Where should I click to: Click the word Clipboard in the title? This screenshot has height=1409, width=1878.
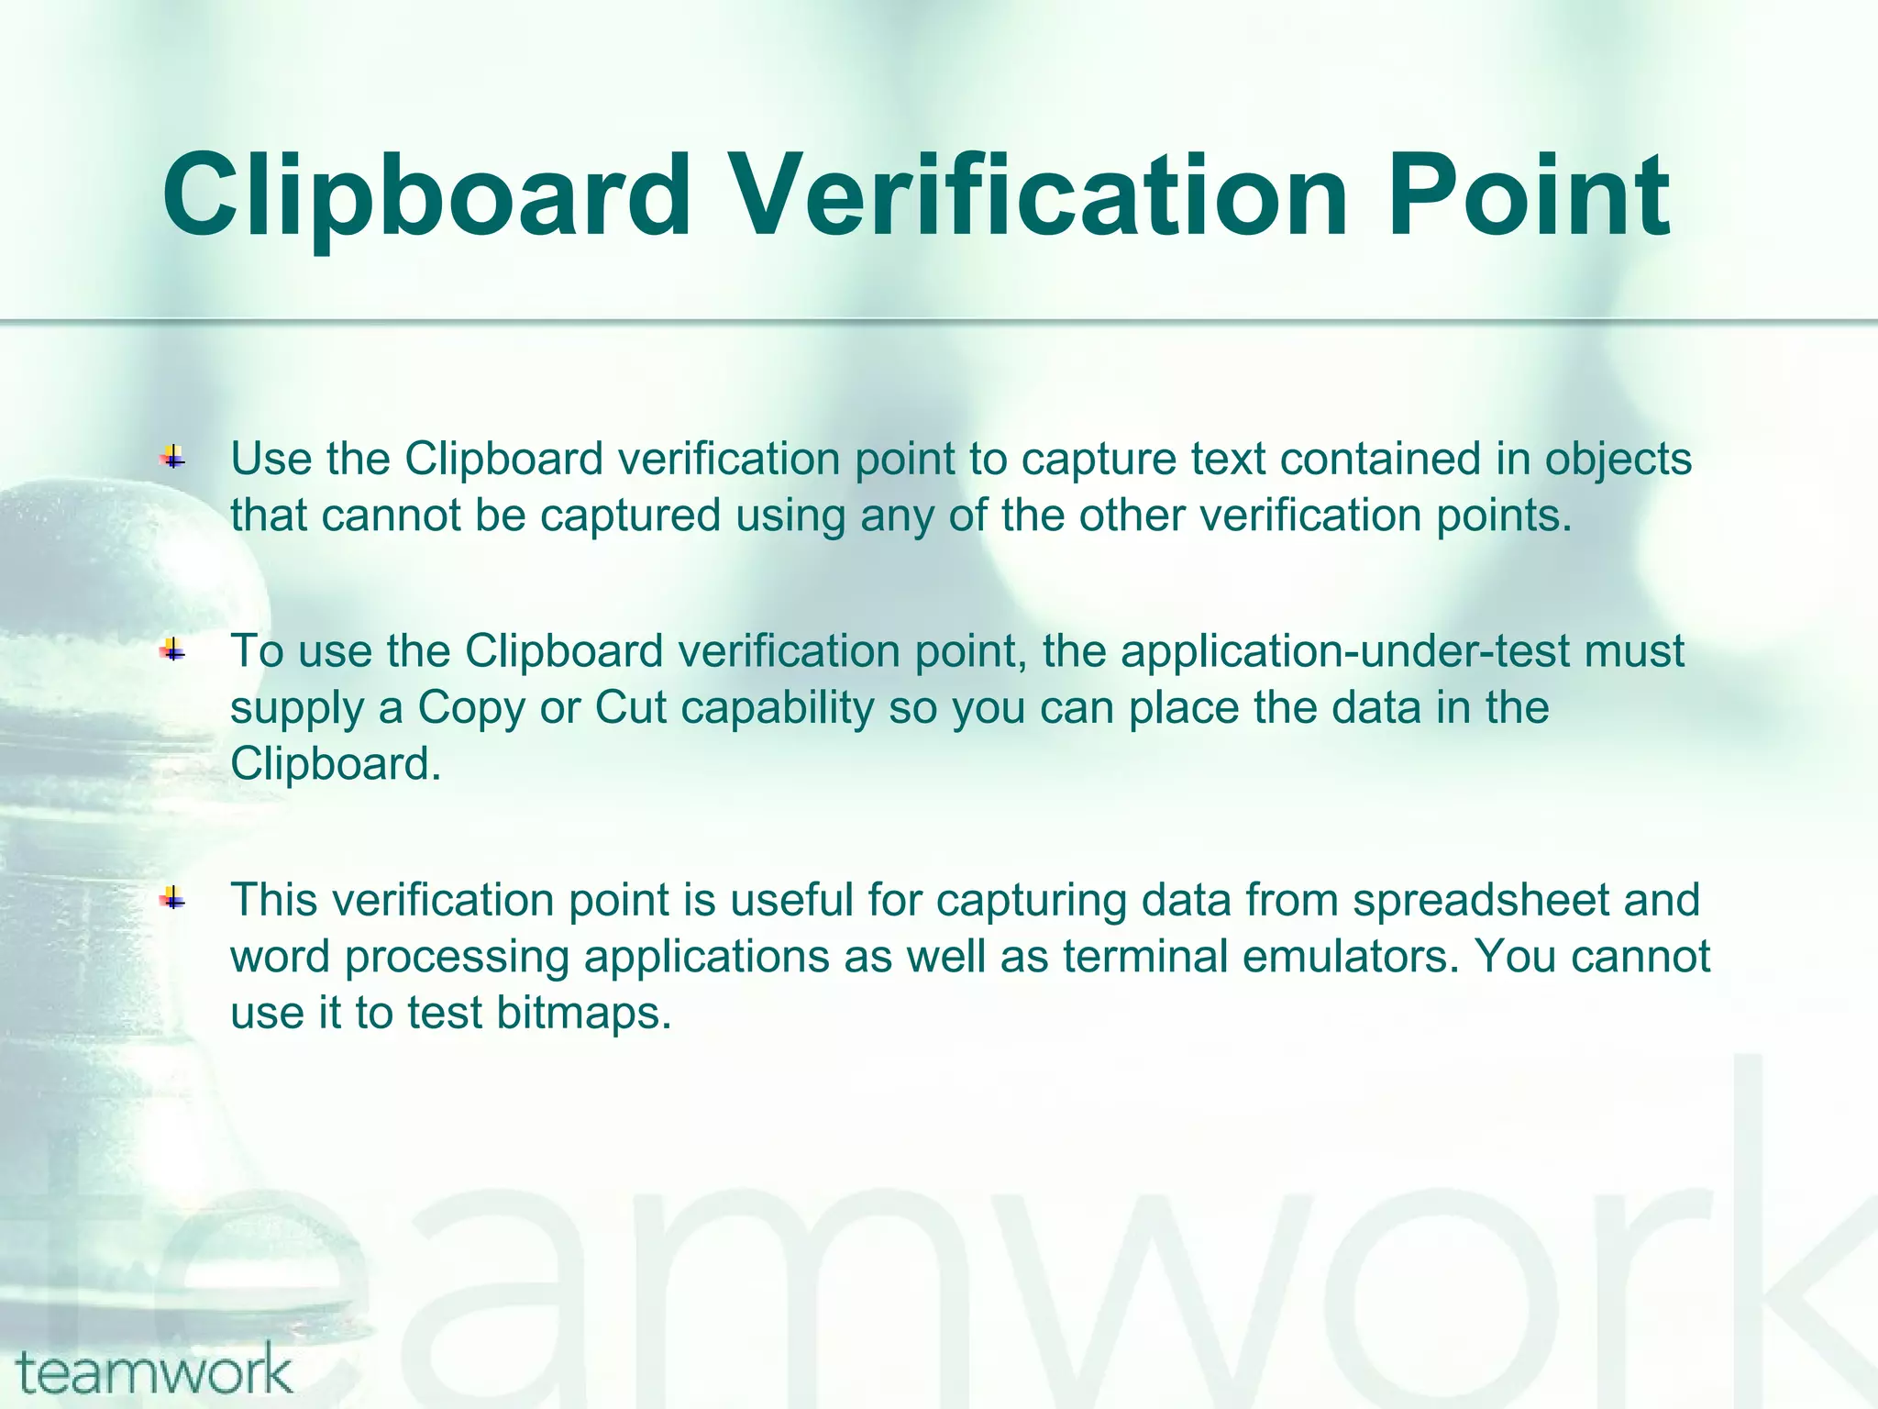425,196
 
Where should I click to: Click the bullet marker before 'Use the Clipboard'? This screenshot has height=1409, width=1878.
172,457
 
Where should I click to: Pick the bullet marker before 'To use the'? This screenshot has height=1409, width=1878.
172,651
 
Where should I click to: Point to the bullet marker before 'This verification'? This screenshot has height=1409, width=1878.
172,900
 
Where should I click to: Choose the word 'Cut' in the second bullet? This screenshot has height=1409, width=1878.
630,708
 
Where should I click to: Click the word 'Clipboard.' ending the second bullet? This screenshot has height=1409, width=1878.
336,764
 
